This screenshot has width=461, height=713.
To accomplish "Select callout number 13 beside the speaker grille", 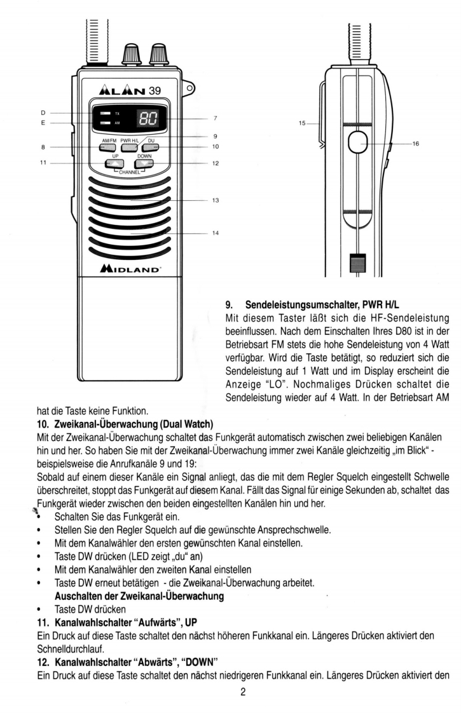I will click(216, 201).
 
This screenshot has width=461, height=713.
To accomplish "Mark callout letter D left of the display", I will click(43, 113).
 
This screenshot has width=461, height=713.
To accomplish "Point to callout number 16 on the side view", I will click(416, 144).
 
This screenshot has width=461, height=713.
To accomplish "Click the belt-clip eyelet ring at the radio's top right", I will click(189, 86).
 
